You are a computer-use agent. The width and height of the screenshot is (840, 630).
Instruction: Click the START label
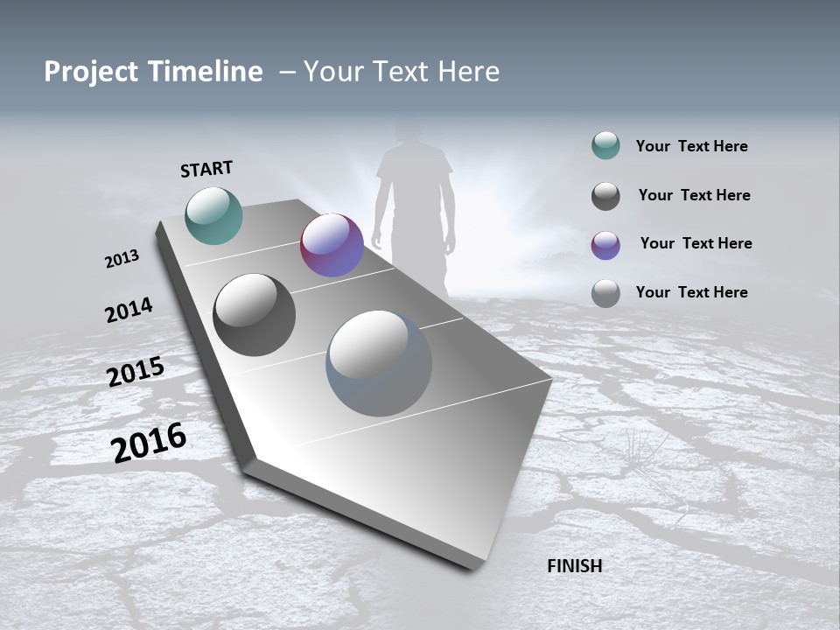(206, 169)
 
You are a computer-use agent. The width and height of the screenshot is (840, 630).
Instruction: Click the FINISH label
(574, 566)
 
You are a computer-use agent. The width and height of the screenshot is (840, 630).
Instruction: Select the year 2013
(122, 259)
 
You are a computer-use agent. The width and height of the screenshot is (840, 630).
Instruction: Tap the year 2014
(129, 311)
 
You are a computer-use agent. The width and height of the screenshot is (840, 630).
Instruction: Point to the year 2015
(136, 371)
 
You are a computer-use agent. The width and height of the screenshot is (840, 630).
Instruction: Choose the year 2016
(149, 442)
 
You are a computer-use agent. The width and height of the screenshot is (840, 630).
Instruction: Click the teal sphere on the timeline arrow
(213, 215)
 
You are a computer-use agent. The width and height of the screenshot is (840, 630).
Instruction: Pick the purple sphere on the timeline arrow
(332, 245)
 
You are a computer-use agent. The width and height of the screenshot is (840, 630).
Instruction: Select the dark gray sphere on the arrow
(254, 315)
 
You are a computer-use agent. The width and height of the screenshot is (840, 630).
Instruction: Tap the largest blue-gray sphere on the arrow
(379, 363)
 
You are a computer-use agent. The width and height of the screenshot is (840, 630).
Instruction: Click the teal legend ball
(605, 146)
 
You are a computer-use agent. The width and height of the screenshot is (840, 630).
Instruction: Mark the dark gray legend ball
(605, 196)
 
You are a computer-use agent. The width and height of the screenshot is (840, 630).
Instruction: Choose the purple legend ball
(605, 245)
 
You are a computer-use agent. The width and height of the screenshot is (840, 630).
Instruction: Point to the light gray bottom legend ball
(605, 293)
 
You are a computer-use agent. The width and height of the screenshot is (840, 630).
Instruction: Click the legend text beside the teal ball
(691, 147)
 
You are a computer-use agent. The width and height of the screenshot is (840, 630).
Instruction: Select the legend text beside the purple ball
(696, 243)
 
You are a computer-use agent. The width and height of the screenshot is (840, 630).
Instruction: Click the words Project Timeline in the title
(153, 72)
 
